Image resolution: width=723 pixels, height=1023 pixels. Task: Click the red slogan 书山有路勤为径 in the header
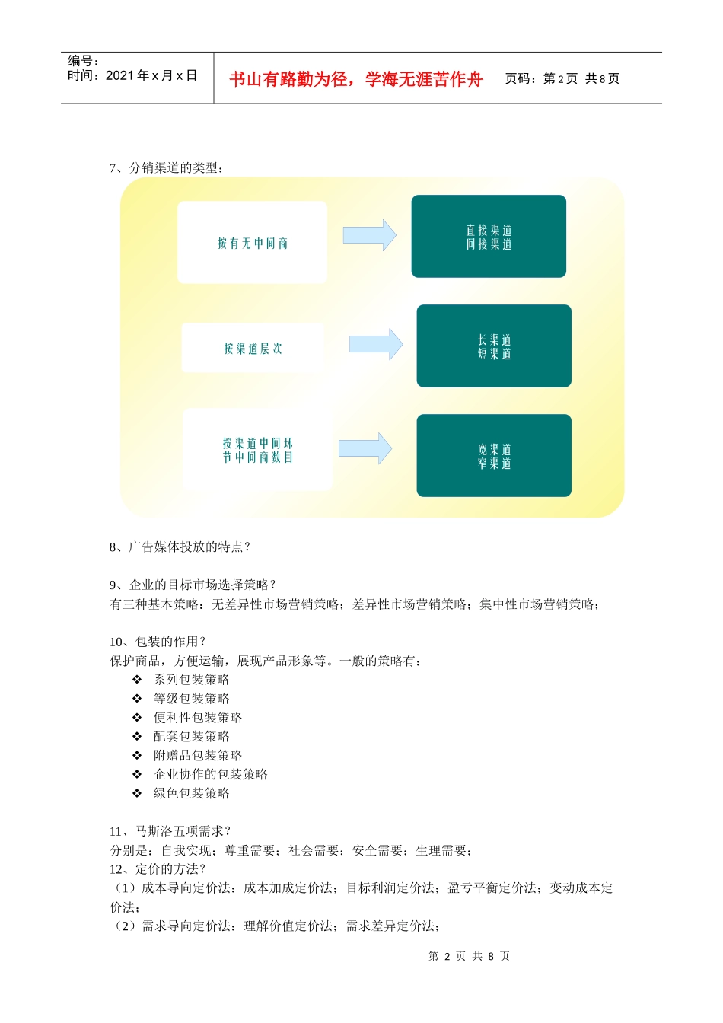(355, 79)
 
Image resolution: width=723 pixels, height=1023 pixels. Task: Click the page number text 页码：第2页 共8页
(562, 78)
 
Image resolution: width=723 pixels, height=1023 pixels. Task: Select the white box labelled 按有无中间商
(253, 243)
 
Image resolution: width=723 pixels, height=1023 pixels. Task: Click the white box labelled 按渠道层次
(253, 349)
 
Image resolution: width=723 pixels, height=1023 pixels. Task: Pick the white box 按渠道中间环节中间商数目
(257, 450)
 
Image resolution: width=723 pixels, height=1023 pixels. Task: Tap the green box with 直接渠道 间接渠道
(489, 237)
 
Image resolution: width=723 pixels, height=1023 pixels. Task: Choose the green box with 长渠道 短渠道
(494, 346)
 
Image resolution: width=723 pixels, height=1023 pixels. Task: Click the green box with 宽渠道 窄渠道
(494, 456)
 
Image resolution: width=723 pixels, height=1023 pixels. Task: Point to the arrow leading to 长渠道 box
(375, 345)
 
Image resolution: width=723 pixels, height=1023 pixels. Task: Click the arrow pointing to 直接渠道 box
(369, 235)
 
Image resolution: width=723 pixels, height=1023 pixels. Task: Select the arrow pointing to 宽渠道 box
(365, 448)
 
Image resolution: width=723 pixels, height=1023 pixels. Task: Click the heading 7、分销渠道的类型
(167, 167)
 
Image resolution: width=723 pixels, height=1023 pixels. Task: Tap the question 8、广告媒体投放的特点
(180, 547)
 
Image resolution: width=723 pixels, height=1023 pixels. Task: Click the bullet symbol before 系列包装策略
(137, 680)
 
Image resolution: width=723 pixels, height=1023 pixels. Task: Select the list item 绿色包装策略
(191, 793)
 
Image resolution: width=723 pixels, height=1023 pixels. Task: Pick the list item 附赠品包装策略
(198, 755)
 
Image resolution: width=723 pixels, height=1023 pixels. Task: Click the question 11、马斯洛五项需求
(170, 831)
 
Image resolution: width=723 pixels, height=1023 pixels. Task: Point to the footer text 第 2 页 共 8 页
(469, 956)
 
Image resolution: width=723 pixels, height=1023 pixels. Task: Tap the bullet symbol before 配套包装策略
(137, 737)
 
